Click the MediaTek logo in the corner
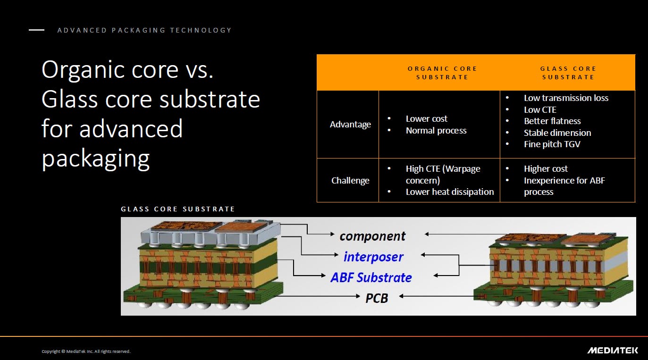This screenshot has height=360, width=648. pyautogui.click(x=613, y=351)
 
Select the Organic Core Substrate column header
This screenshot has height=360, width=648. pyautogui.click(x=442, y=73)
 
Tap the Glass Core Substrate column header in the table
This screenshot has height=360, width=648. pyautogui.click(x=568, y=73)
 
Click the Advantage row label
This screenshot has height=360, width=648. pyautogui.click(x=350, y=125)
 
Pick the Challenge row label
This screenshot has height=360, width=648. pyautogui.click(x=350, y=180)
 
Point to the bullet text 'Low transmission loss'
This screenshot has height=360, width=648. pyautogui.click(x=566, y=98)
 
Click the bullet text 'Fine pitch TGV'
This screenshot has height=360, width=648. pyautogui.click(x=552, y=144)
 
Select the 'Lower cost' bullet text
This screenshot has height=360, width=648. pyautogui.click(x=426, y=118)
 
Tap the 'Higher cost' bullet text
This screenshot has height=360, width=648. pyautogui.click(x=546, y=168)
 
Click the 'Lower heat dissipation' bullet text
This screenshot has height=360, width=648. pyautogui.click(x=450, y=192)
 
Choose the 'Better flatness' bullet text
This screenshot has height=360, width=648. pyautogui.click(x=552, y=121)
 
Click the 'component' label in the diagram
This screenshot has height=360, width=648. pyautogui.click(x=372, y=236)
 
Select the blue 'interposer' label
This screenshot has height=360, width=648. pyautogui.click(x=373, y=257)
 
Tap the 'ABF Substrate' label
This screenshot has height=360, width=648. pyautogui.click(x=371, y=277)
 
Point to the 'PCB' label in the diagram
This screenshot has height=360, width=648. pyautogui.click(x=376, y=298)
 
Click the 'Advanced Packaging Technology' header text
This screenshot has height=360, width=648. pyautogui.click(x=144, y=30)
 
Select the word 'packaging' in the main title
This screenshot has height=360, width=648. pyautogui.click(x=95, y=159)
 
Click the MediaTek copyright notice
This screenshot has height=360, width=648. pyautogui.click(x=86, y=352)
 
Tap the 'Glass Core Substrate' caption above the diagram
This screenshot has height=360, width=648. pyautogui.click(x=178, y=209)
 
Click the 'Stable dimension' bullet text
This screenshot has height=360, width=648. pyautogui.click(x=557, y=133)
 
